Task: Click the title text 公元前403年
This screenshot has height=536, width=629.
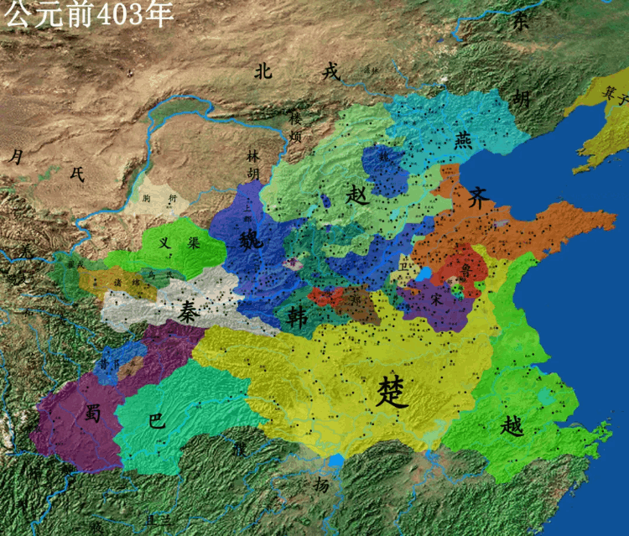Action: click(x=90, y=15)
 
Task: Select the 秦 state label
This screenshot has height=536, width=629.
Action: click(x=189, y=310)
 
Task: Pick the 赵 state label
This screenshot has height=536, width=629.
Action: click(x=357, y=196)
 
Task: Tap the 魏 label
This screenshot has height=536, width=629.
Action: click(x=251, y=239)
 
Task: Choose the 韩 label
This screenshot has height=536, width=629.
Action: click(x=298, y=315)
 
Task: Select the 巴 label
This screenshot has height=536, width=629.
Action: click(x=156, y=421)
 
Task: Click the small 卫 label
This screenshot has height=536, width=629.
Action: click(x=406, y=265)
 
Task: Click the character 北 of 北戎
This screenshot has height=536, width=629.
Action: click(x=265, y=71)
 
